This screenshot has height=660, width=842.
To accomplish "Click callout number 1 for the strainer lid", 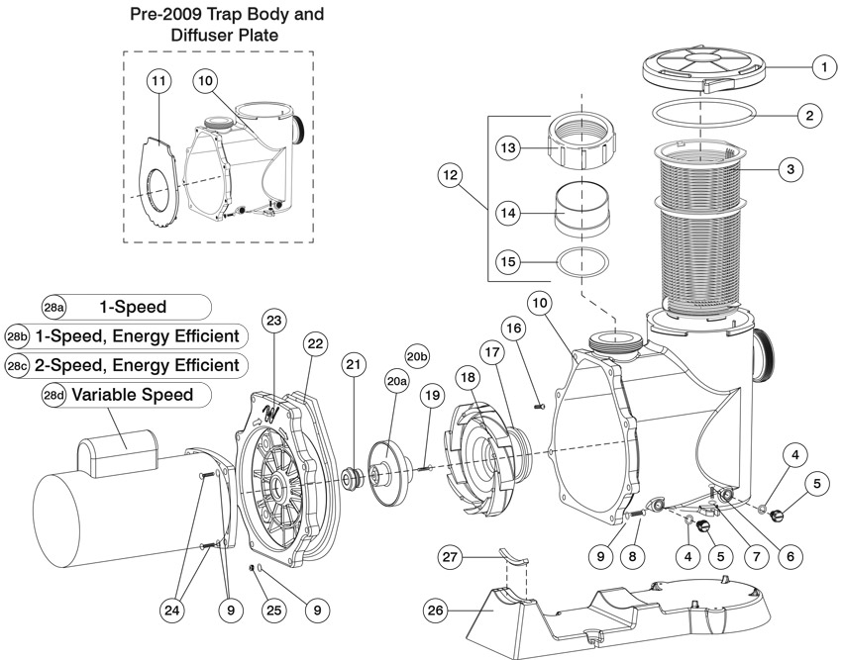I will pos(819,67).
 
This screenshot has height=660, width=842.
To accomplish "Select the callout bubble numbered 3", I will pos(789,170).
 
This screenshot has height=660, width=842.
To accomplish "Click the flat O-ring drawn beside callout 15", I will pos(581,264).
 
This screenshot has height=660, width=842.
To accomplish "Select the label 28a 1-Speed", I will pos(127,308).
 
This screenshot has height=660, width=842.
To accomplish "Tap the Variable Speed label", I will pos(127,395).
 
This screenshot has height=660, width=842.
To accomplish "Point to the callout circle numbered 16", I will pos(512,328).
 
